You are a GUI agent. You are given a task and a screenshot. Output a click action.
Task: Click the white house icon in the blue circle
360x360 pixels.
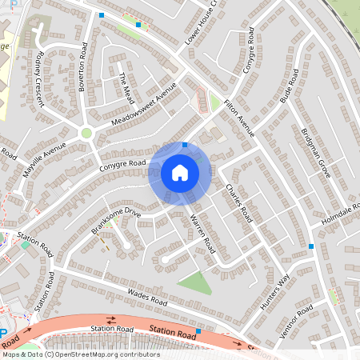tap(180, 171)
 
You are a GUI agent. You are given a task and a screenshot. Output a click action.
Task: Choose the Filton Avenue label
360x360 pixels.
tap(239, 117)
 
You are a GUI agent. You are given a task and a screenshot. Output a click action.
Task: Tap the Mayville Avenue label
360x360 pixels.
tap(43, 150)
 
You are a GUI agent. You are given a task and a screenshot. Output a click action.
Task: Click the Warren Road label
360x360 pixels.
tap(202, 230)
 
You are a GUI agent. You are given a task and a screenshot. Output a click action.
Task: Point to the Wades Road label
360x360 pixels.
tap(147, 298)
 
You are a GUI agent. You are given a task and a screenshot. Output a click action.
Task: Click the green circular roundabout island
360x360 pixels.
tap(86, 133)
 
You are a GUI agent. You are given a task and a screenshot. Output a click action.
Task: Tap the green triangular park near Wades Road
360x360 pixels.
tap(194, 282)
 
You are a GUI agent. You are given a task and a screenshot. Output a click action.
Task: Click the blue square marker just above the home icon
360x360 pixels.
tap(185, 145)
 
